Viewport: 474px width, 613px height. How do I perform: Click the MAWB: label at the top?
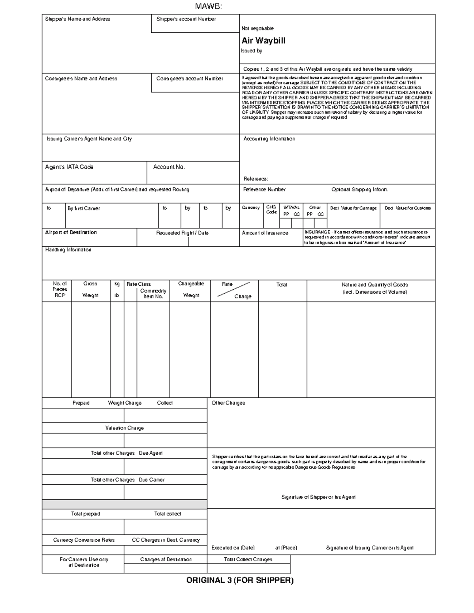[209, 6]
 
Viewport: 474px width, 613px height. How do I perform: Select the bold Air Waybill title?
[263, 41]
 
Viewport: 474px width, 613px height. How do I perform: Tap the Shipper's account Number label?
[186, 19]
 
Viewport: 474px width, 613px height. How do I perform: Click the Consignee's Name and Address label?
[81, 79]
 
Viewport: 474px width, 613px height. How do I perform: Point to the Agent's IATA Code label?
[69, 167]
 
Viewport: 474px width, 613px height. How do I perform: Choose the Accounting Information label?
[269, 139]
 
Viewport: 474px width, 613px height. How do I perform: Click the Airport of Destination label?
[71, 232]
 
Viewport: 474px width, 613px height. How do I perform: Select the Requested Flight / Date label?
[182, 233]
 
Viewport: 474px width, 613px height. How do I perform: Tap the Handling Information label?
[68, 250]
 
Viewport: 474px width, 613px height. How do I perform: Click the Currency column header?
[250, 208]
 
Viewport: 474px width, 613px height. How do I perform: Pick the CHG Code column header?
[271, 210]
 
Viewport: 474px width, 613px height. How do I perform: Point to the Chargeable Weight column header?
[191, 289]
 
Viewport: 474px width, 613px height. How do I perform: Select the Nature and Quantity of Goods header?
[374, 288]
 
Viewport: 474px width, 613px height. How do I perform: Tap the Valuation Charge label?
[124, 428]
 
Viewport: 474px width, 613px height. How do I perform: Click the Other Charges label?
[228, 403]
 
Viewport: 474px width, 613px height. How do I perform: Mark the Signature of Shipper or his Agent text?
[318, 497]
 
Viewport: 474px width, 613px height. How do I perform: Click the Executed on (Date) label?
[233, 548]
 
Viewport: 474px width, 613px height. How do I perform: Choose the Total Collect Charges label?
[248, 559]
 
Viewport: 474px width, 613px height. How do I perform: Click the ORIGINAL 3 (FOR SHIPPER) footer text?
[240, 580]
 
